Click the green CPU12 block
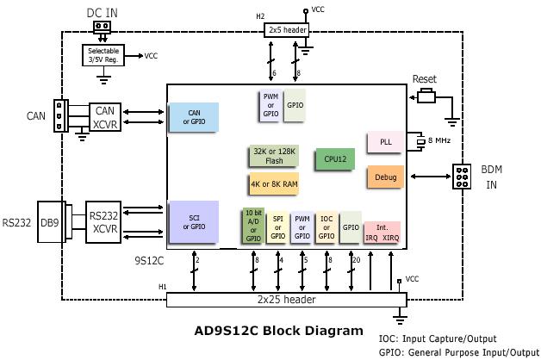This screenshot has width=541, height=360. coord(334,159)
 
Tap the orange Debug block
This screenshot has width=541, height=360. coord(385,177)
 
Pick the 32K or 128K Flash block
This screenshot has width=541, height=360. coord(274,155)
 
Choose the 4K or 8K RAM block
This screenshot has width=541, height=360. coord(274,183)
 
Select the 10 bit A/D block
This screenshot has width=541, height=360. coord(253,226)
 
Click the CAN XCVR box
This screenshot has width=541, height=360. coord(104,116)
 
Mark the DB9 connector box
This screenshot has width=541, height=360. coord(50,222)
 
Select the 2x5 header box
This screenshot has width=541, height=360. coord(286,30)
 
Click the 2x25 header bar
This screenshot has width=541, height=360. coord(285,300)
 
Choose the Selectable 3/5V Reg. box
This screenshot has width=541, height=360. coord(103,55)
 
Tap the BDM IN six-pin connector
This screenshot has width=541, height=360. coord(463,177)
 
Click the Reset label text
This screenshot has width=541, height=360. coord(424,79)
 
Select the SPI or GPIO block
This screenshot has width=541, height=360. coord(278,226)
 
